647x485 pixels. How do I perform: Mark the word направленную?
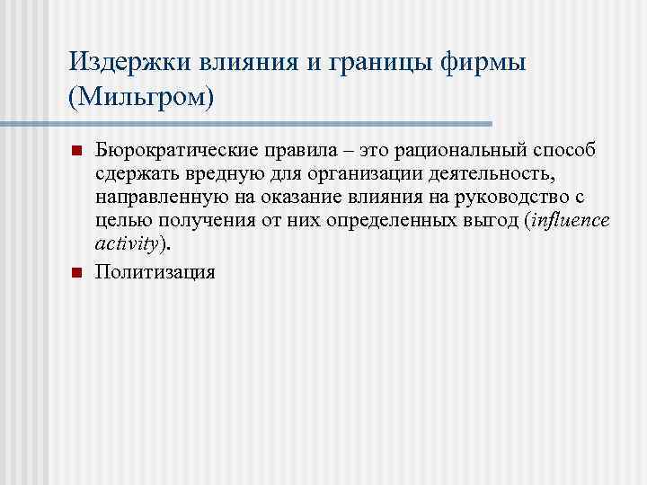coord(151,196)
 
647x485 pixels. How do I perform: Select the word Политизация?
coord(155,270)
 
